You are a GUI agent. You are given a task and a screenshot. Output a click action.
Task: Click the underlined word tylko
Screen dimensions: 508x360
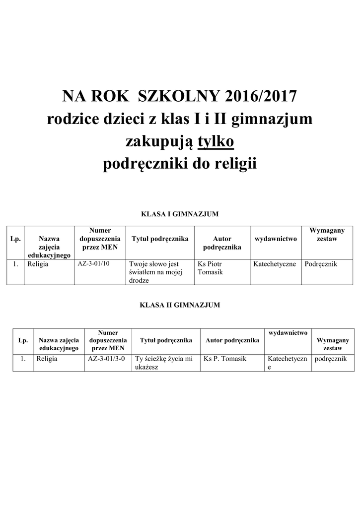(x=216, y=142)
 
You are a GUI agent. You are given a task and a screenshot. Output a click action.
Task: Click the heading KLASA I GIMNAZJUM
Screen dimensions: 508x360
(x=180, y=214)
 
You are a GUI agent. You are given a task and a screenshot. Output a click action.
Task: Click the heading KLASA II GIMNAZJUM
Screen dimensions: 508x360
(x=180, y=305)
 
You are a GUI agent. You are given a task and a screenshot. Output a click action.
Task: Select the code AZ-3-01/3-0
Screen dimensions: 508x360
(x=106, y=358)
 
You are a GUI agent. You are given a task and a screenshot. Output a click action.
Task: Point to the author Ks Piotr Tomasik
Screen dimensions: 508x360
(x=211, y=268)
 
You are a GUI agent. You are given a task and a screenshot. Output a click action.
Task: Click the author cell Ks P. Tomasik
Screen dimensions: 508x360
(x=222, y=358)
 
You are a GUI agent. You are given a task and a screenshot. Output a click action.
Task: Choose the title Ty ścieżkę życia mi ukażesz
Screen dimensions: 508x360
(x=163, y=363)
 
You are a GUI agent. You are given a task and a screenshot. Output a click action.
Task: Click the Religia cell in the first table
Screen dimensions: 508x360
(x=38, y=264)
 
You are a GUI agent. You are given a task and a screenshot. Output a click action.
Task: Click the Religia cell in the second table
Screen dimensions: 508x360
(x=47, y=358)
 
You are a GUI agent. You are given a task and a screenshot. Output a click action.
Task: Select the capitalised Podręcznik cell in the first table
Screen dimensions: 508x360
(x=321, y=264)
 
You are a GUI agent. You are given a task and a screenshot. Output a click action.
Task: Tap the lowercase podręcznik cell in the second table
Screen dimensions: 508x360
(x=331, y=358)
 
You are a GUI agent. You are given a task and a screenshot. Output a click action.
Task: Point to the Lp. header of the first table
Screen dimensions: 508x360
(x=15, y=239)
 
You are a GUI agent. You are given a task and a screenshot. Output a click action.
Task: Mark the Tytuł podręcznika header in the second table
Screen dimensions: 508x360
(x=166, y=340)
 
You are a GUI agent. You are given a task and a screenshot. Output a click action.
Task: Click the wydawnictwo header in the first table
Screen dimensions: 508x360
(x=276, y=239)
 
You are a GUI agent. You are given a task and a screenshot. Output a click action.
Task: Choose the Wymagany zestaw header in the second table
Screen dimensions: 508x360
(x=333, y=344)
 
